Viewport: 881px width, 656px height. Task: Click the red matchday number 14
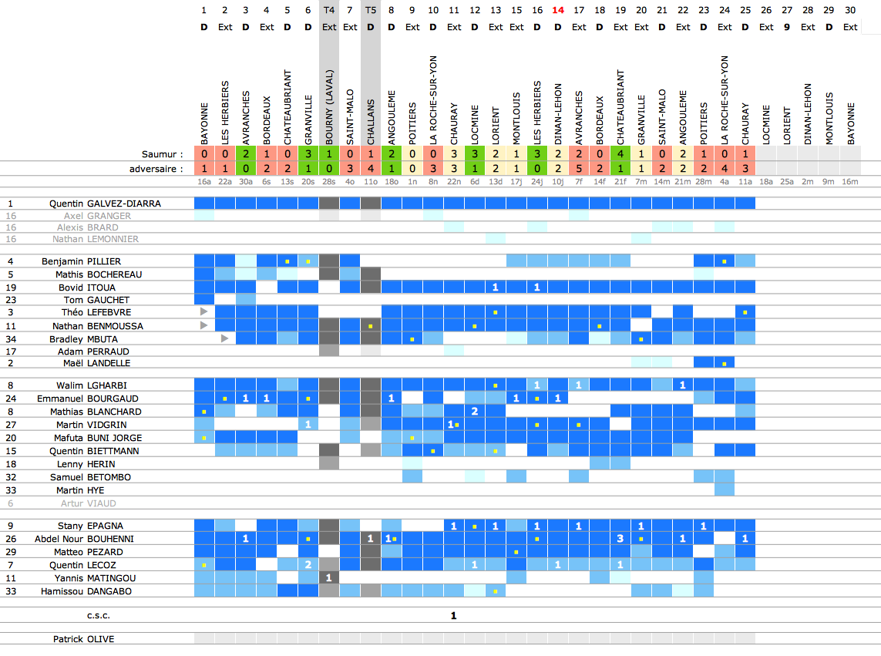[558, 10]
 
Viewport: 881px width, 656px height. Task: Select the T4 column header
[329, 10]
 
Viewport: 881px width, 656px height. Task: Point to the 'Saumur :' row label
[163, 154]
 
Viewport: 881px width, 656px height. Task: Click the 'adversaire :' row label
[156, 168]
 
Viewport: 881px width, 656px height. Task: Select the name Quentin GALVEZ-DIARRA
[106, 204]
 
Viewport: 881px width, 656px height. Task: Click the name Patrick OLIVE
[84, 639]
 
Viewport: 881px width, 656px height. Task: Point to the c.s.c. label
[99, 616]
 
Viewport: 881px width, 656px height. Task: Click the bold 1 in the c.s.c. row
[454, 616]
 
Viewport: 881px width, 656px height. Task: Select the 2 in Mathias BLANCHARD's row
[475, 412]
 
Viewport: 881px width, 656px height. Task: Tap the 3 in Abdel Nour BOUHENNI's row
[620, 539]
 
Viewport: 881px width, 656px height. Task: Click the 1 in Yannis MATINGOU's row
[329, 577]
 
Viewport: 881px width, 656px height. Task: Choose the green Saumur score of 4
[620, 154]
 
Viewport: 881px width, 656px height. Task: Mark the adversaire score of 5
[579, 168]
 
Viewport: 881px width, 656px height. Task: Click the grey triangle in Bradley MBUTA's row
[224, 338]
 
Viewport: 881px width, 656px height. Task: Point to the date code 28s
[329, 182]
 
